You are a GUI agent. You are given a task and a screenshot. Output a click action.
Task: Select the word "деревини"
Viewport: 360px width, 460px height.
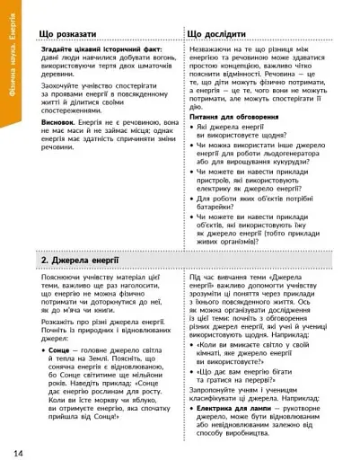pos(62,87)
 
